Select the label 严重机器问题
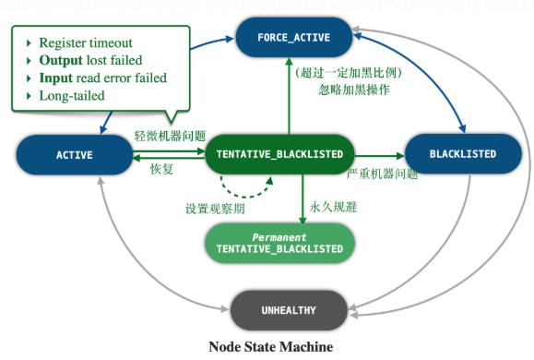382,174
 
